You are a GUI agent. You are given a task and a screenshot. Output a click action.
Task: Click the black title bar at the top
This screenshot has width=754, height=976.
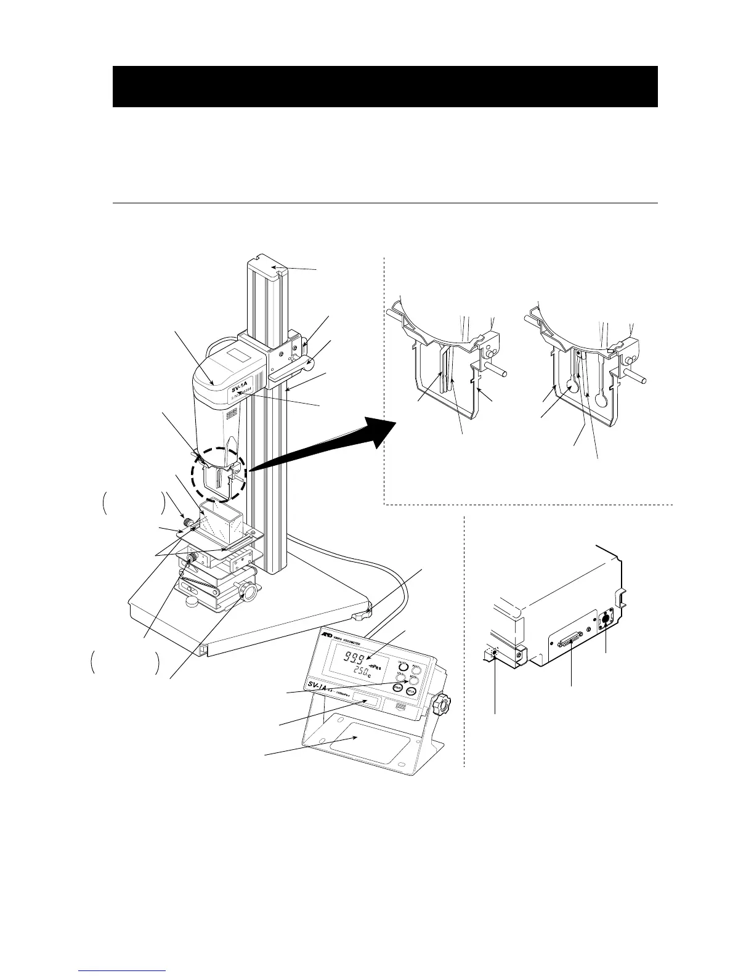(x=385, y=87)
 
